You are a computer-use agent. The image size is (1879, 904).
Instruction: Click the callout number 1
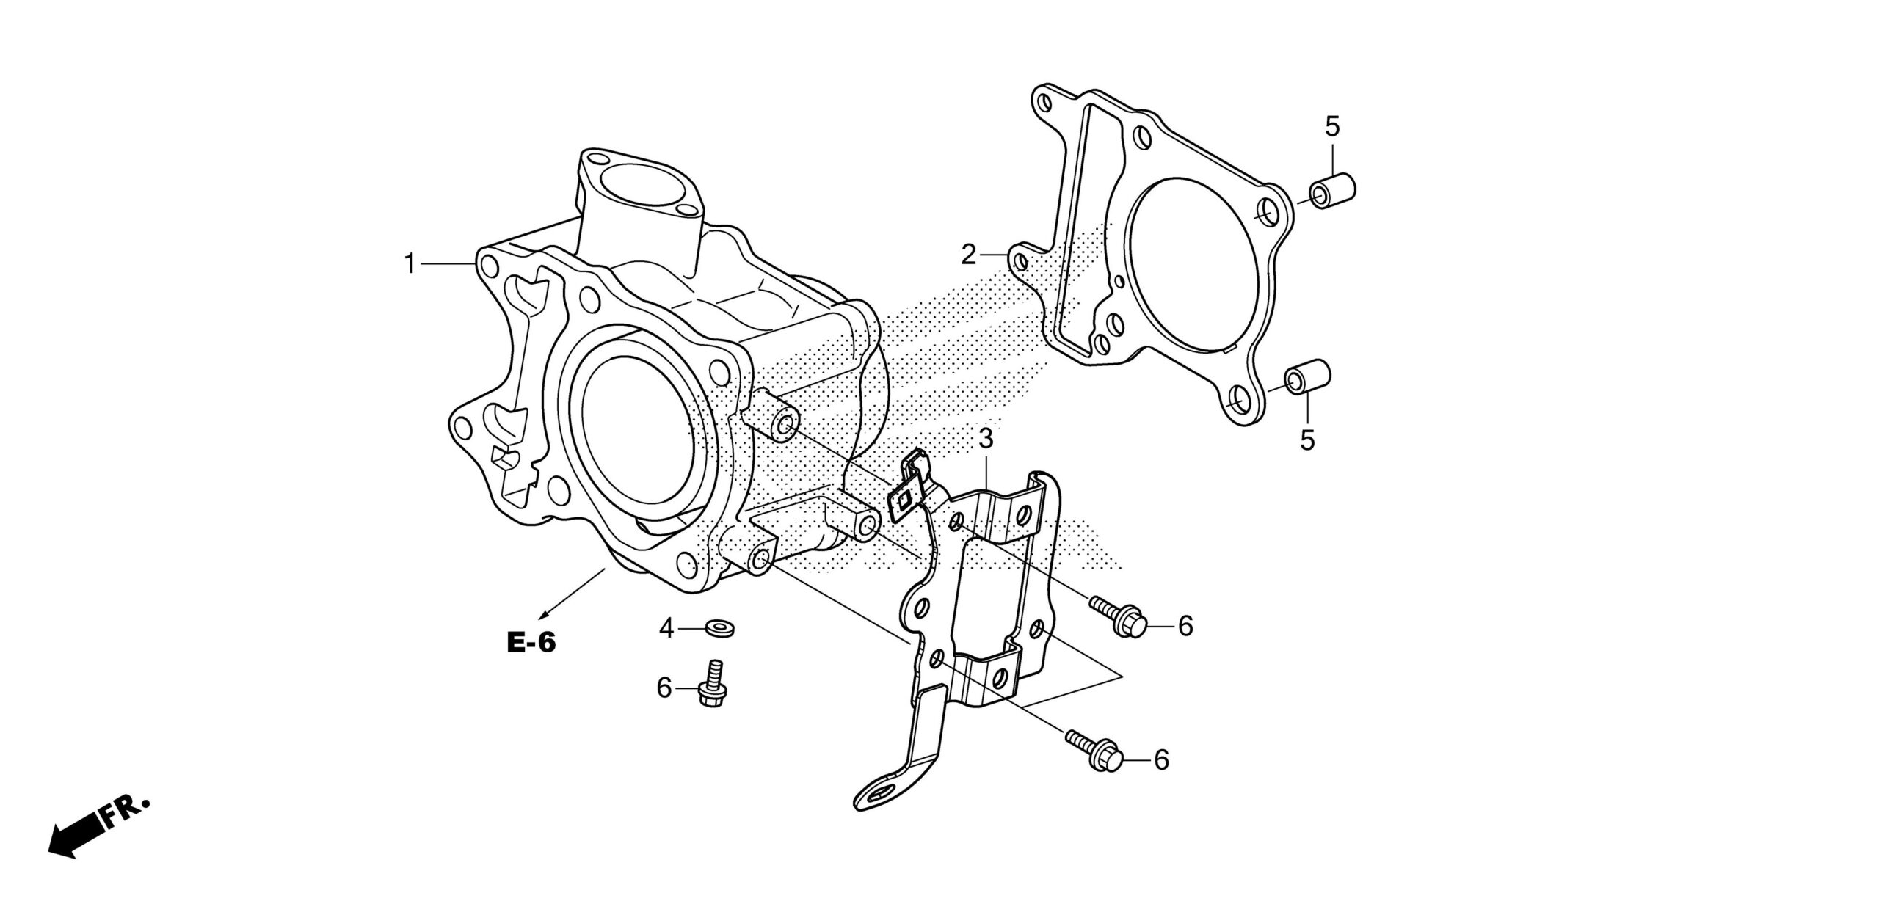point(411,263)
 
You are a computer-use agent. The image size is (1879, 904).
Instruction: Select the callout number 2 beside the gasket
point(970,255)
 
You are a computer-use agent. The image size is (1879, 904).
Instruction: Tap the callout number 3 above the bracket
point(986,440)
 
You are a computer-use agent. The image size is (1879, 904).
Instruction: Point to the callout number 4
point(666,628)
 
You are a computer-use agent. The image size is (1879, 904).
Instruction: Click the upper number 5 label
point(1332,127)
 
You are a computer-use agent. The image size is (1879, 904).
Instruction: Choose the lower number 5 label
point(1307,440)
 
